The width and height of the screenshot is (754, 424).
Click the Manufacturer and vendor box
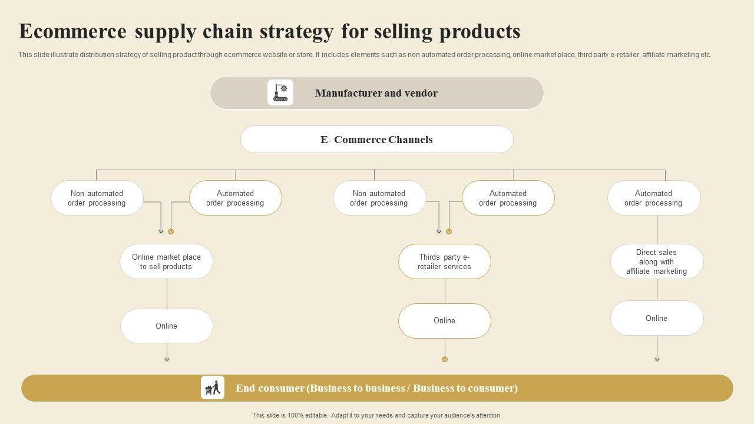pyautogui.click(x=376, y=93)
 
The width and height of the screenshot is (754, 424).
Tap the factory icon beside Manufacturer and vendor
pyautogui.click(x=280, y=93)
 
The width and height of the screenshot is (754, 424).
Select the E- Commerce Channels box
pyautogui.click(x=376, y=140)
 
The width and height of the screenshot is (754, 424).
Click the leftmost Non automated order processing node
pyautogui.click(x=97, y=198)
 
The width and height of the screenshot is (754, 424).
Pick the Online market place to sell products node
pyautogui.click(x=166, y=261)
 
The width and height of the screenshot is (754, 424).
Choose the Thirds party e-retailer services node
pyautogui.click(x=444, y=261)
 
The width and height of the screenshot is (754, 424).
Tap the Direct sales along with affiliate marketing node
pyautogui.click(x=656, y=261)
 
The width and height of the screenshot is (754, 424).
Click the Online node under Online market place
pyautogui.click(x=166, y=326)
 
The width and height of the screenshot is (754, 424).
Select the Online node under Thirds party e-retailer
pyautogui.click(x=444, y=320)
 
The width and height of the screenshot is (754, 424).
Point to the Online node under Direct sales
pyautogui.click(x=656, y=318)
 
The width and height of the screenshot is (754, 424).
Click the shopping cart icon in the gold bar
pyautogui.click(x=213, y=388)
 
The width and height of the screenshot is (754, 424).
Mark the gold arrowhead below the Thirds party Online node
pyautogui.click(x=445, y=359)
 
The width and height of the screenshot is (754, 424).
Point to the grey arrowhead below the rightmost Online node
pyautogui.click(x=657, y=359)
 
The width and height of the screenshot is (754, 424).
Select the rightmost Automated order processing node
pyautogui.click(x=653, y=198)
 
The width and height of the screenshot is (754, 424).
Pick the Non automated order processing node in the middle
pyautogui.click(x=379, y=198)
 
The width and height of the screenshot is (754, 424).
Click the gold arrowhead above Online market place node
pyautogui.click(x=171, y=231)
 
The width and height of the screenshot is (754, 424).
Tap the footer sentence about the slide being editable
pyautogui.click(x=377, y=415)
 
